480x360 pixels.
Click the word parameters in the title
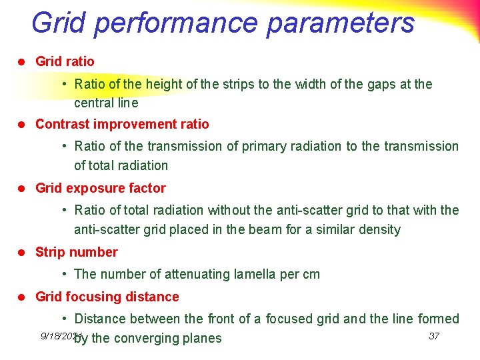pos(341,23)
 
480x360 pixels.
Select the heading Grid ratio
pos(65,61)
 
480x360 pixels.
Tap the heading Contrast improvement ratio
pos(122,124)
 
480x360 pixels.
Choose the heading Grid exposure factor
pos(100,188)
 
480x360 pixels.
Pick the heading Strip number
pos(76,252)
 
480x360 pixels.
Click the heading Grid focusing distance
pos(107,297)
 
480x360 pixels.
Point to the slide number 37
pos(434,335)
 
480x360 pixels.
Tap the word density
pos(379,229)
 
